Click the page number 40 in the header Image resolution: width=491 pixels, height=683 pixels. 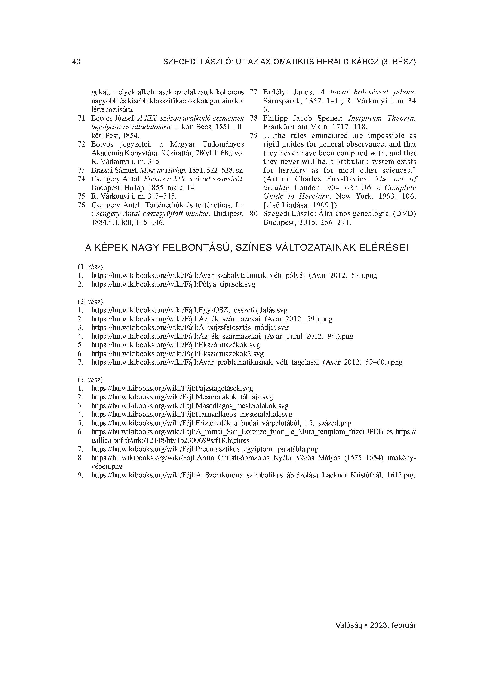77,62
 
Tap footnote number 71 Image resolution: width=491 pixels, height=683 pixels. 81,118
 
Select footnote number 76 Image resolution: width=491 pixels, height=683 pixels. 81,205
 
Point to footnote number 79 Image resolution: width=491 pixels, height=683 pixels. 254,136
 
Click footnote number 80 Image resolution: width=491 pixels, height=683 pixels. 254,214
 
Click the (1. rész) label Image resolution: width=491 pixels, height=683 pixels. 90,267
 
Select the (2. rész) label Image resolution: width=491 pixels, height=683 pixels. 90,301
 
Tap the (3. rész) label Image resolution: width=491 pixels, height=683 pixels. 90,379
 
